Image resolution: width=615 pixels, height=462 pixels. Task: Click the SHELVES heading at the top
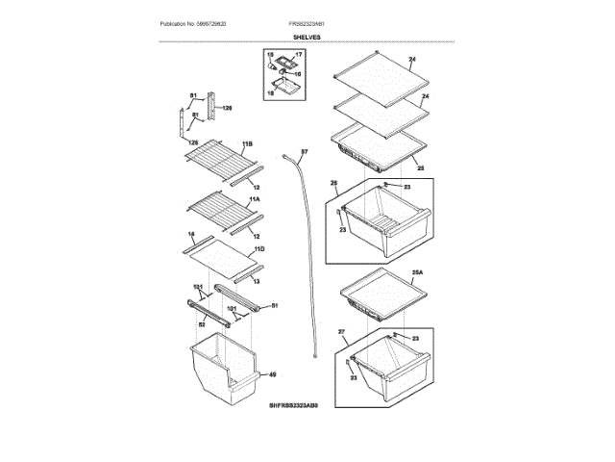307,37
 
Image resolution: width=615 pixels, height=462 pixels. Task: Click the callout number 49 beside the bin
272,374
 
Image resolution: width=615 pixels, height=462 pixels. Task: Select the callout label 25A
417,273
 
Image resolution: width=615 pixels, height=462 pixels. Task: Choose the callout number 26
333,183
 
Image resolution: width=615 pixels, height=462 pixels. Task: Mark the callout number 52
201,324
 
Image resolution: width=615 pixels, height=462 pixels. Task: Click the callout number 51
274,305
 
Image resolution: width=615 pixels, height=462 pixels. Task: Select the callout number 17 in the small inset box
298,56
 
